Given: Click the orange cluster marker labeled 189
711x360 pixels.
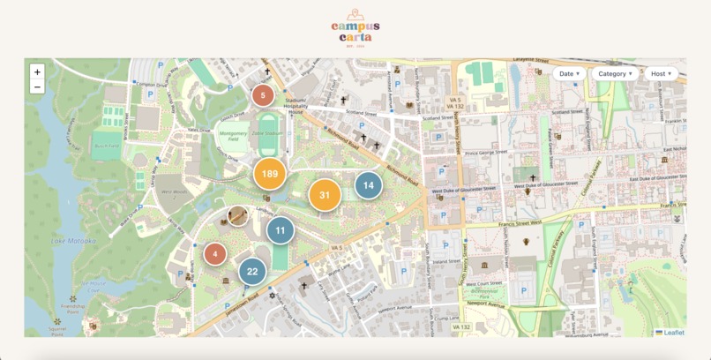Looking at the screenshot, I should coord(270,174).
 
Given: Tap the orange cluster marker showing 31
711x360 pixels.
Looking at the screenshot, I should coord(325,195).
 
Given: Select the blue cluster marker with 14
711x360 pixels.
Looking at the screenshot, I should coord(368,185).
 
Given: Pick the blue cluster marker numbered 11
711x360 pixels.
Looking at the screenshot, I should coord(281,230).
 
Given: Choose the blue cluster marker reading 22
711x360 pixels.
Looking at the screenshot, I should coord(252,271).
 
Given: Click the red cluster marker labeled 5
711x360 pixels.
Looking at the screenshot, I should coord(263,95).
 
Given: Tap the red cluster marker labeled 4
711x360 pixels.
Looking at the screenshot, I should coord(215,254).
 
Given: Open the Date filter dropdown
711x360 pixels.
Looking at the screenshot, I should coord(570,73).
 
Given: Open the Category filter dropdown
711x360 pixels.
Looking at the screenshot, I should coord(616,73).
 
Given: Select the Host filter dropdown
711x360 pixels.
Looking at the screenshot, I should coord(662,73).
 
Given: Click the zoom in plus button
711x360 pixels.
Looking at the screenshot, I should coord(37,71).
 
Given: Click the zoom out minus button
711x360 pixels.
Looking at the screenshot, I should coord(37,86).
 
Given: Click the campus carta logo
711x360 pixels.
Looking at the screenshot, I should coord(355,26).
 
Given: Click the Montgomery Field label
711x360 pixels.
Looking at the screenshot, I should coord(233,136).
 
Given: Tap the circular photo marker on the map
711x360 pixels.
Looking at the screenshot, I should coord(238,215).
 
